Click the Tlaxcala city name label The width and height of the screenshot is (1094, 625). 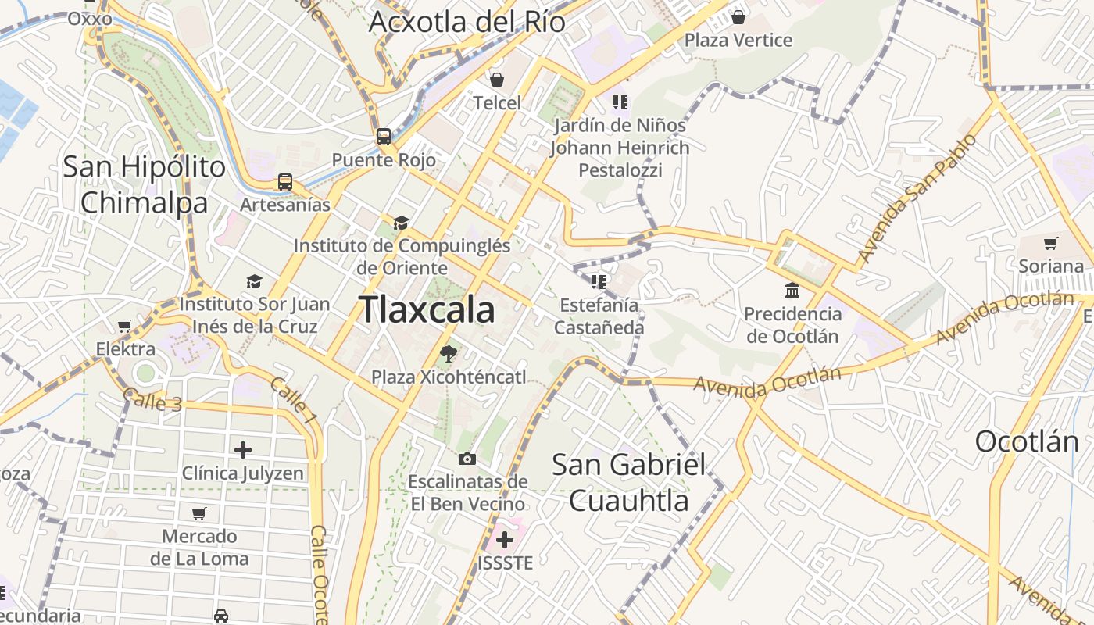(x=427, y=310)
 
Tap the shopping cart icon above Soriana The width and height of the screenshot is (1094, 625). (x=1051, y=243)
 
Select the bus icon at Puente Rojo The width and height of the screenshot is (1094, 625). (x=384, y=136)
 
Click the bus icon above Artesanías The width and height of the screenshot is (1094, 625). (x=285, y=182)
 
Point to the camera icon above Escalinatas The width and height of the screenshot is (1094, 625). (x=467, y=459)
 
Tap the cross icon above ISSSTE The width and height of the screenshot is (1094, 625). (x=505, y=539)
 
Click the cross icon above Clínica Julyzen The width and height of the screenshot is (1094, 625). (x=243, y=450)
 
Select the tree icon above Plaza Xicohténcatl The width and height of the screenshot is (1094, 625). (x=449, y=354)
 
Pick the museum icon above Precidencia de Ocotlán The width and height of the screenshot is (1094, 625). (x=792, y=291)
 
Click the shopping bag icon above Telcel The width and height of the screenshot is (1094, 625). (x=496, y=80)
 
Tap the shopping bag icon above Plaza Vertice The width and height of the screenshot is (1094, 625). (x=738, y=16)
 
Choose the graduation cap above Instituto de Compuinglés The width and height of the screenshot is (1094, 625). (x=401, y=223)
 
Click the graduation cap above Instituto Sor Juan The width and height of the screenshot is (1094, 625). (x=254, y=281)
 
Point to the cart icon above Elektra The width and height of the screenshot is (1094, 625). (x=125, y=326)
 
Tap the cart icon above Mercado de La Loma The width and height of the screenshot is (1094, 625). (x=199, y=513)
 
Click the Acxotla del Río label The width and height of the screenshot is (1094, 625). (x=467, y=22)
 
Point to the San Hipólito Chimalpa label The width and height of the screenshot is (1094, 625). (x=145, y=184)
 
